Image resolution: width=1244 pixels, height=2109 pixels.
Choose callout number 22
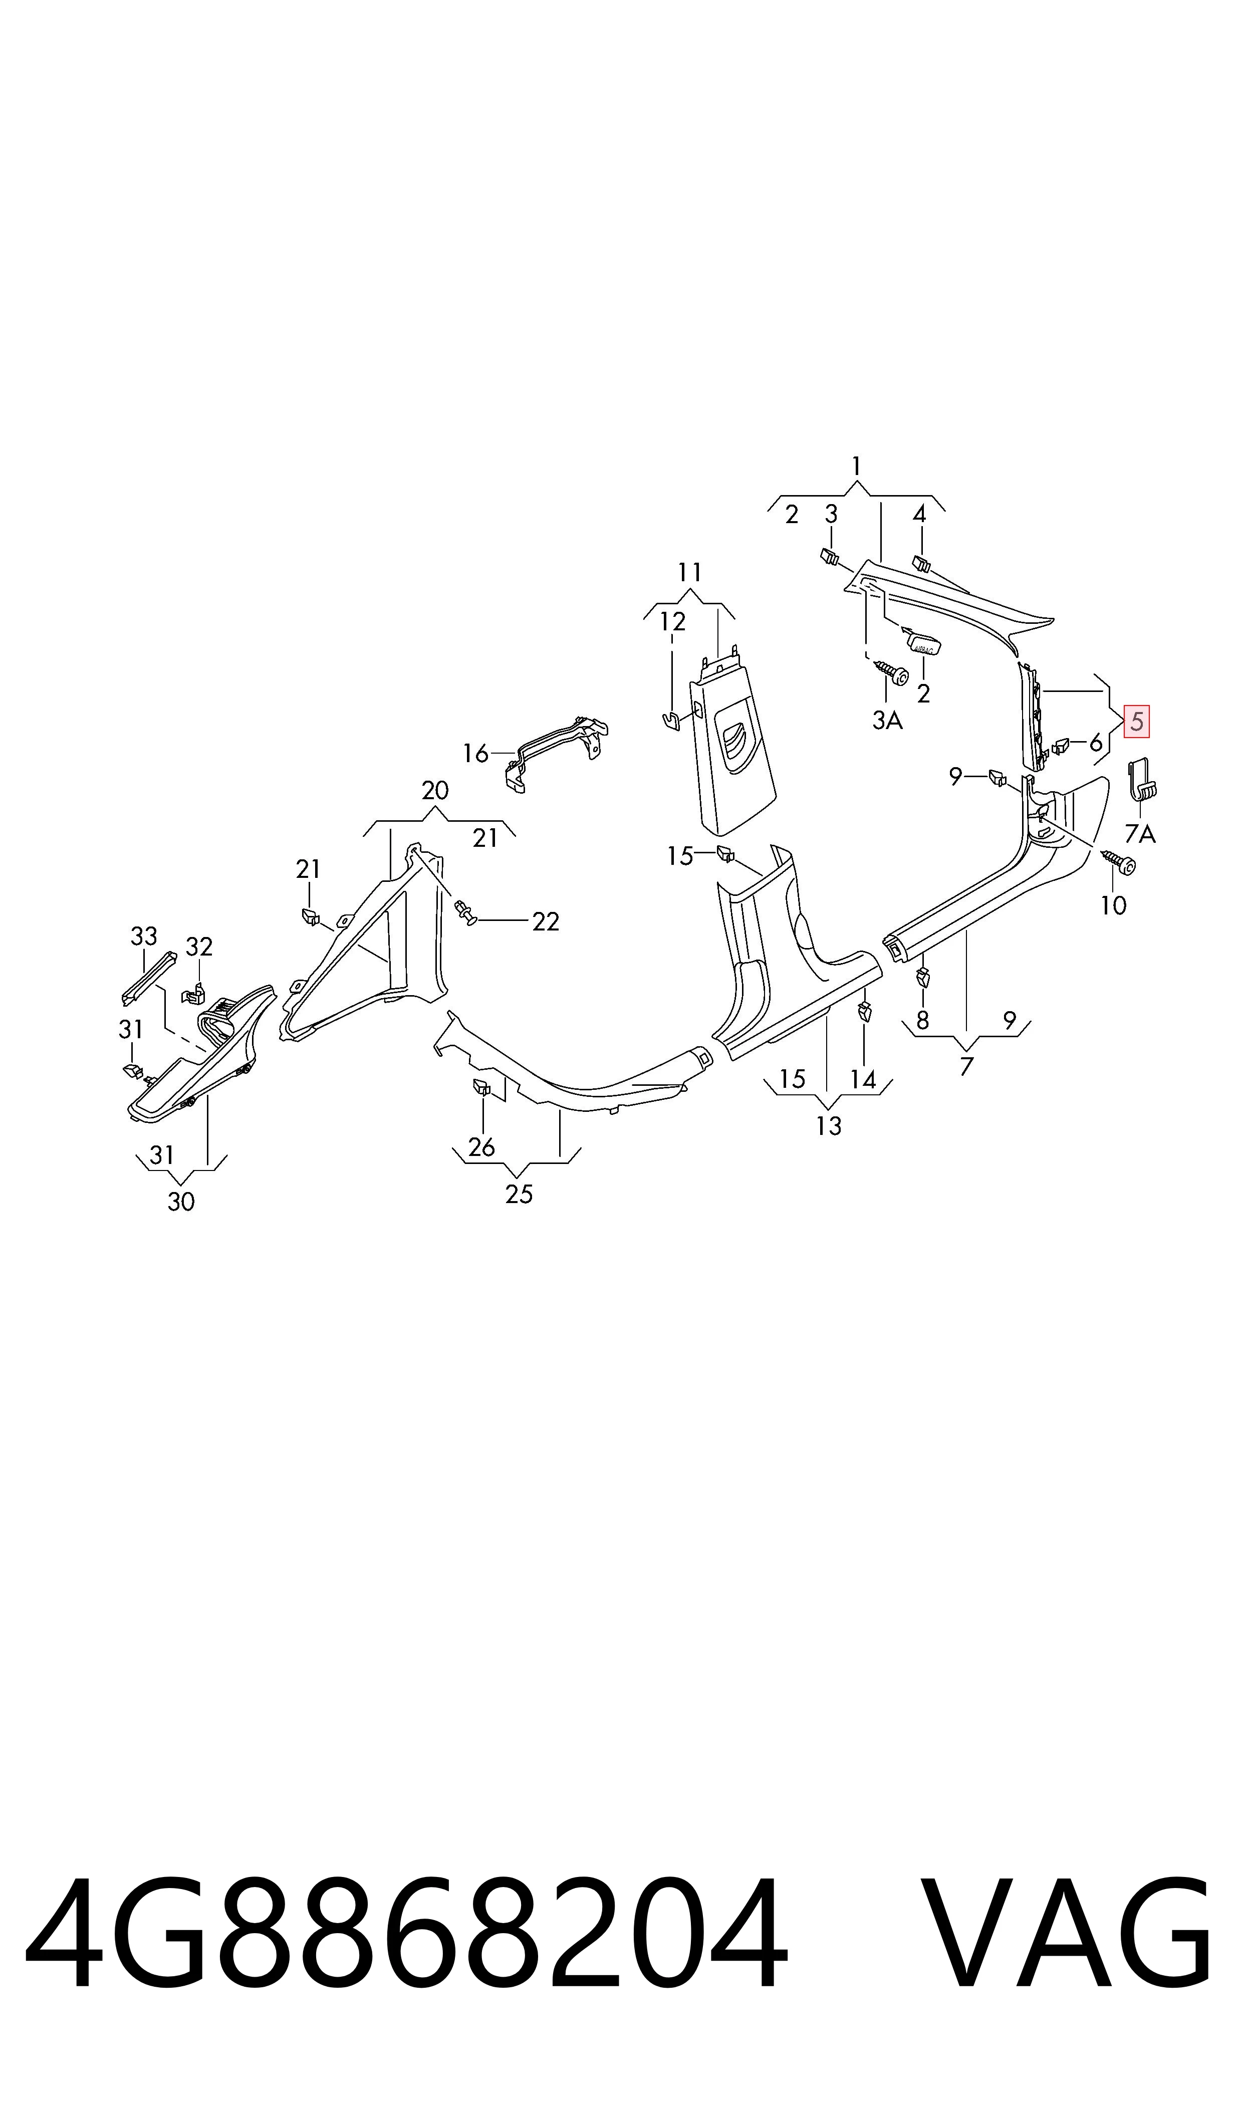pos(546,921)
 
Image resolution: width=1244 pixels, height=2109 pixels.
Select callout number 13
pos(828,1126)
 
